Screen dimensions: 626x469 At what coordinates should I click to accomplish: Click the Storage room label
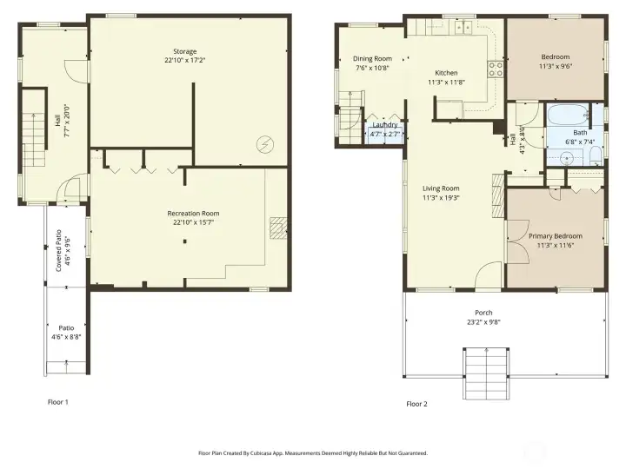(185, 51)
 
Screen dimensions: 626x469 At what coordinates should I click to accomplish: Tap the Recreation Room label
(193, 214)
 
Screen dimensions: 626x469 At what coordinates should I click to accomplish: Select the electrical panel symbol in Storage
(264, 145)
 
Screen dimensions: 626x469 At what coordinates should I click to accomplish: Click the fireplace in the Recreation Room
(278, 228)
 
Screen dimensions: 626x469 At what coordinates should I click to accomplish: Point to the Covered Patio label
(58, 251)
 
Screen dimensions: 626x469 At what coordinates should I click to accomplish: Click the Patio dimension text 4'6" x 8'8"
(66, 337)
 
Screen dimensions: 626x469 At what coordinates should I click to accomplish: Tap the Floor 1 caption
(58, 402)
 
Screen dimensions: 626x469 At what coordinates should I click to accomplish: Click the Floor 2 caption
(416, 404)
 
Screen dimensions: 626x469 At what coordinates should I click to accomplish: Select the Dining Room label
(372, 59)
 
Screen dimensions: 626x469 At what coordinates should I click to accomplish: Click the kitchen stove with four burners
(496, 69)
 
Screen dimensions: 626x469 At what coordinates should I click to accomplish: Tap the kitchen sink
(463, 27)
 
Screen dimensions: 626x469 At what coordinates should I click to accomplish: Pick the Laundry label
(385, 125)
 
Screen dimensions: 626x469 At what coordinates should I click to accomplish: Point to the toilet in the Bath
(596, 155)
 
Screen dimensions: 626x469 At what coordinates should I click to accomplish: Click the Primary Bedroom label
(556, 236)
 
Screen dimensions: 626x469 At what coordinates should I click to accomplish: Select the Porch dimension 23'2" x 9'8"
(483, 322)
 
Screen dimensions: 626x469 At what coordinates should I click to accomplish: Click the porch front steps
(486, 373)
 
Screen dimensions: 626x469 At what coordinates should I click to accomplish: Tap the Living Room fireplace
(499, 195)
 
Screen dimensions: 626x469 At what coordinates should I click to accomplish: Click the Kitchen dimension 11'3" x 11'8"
(446, 83)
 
